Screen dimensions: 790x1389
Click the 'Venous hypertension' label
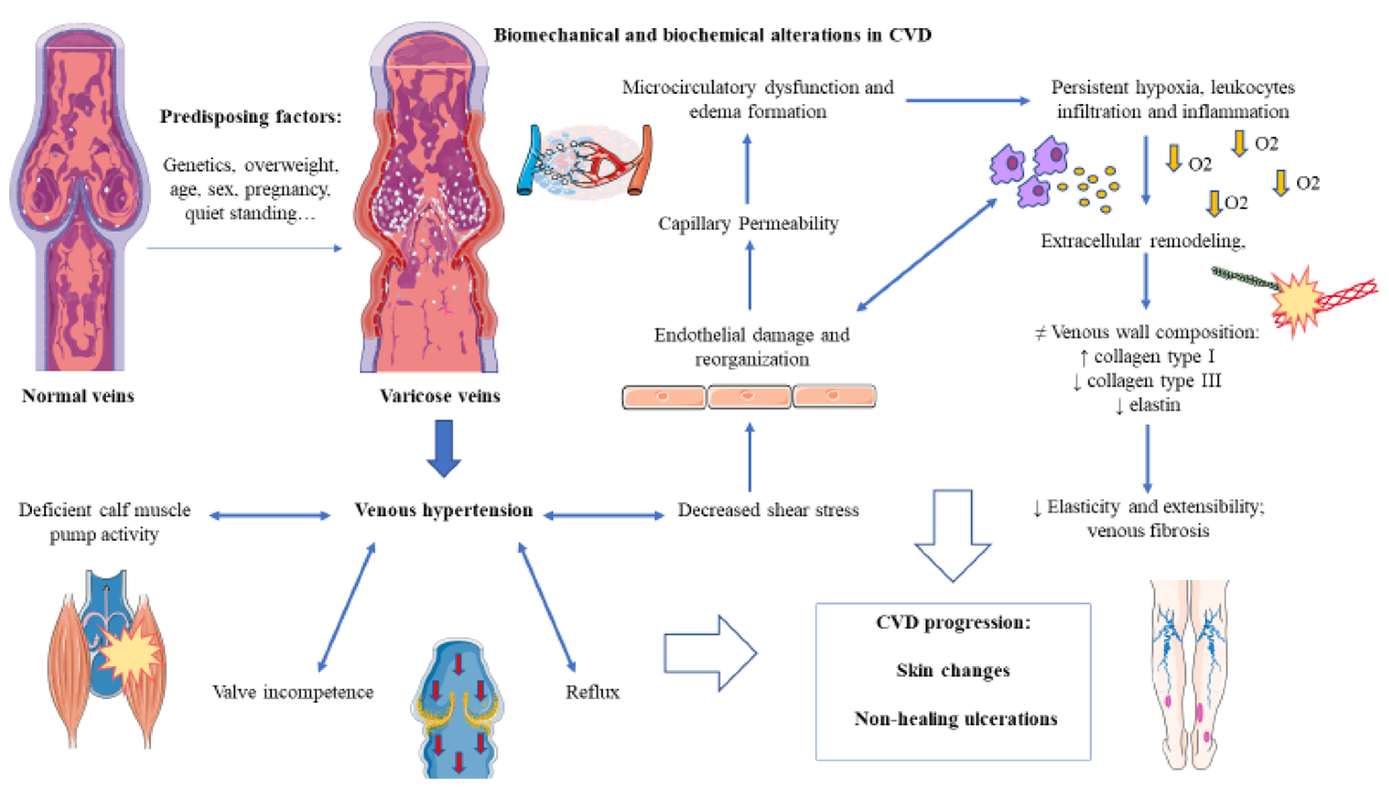point(443,510)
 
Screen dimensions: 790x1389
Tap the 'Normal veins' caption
point(78,396)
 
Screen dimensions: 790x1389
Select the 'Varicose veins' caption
point(439,396)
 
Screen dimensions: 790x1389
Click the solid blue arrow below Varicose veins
point(444,448)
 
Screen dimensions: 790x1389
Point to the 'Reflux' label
point(592,692)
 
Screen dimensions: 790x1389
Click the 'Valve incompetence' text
point(293,692)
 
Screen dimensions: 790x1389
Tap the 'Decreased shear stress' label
point(768,510)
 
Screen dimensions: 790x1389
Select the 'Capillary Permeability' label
point(748,223)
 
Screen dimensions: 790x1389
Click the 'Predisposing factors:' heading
point(251,117)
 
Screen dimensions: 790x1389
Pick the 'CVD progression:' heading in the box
point(953,623)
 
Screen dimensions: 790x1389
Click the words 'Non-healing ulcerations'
point(955,720)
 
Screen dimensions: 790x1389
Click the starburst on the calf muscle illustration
point(130,652)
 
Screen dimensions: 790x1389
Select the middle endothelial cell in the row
point(749,397)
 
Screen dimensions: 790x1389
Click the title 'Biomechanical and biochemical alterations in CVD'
point(712,36)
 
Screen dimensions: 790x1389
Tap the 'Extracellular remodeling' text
point(1142,241)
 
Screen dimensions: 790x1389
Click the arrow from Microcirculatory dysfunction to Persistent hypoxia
point(967,100)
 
